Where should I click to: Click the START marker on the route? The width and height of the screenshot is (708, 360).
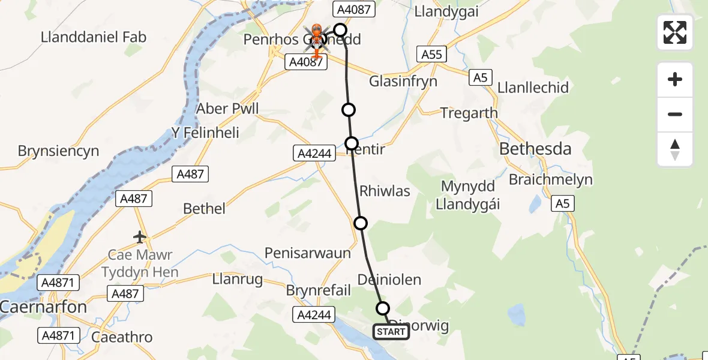point(391,332)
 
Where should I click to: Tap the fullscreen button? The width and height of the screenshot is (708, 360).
point(675,32)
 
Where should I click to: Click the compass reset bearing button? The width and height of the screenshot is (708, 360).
point(675,149)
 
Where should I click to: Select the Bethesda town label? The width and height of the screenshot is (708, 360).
point(536,149)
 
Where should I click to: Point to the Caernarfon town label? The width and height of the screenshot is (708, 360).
point(43,307)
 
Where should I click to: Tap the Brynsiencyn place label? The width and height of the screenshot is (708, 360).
point(58,151)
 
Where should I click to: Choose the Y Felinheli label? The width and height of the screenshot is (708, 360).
point(206,131)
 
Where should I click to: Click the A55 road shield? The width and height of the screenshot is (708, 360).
point(431,55)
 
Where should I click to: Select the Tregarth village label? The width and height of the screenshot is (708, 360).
point(469,113)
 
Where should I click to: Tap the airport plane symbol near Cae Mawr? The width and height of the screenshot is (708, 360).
point(140,238)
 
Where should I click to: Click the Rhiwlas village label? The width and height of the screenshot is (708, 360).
point(385,191)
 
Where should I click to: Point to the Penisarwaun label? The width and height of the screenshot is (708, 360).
point(307,253)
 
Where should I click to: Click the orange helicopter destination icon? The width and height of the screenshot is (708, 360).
point(316,38)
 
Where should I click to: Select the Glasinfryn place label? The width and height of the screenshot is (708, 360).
point(403,82)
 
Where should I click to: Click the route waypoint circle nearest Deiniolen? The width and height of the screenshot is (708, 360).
point(383,308)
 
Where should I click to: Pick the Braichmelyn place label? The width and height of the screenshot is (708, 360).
point(551,179)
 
